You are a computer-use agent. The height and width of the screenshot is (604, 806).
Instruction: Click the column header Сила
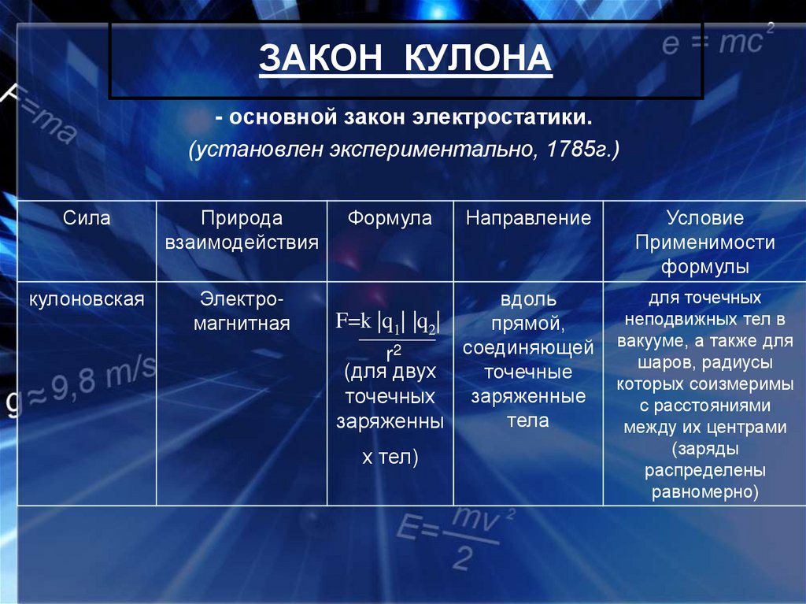[87, 218]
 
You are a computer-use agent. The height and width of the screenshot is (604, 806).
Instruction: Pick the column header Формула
[390, 218]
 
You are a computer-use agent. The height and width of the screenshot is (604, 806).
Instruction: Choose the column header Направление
[528, 218]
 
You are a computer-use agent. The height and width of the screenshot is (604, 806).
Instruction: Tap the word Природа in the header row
[242, 218]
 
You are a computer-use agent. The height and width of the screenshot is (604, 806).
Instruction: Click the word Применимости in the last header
[704, 243]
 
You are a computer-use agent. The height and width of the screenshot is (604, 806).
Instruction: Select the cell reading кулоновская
[87, 299]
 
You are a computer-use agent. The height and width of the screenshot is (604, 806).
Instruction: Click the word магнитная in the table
[242, 323]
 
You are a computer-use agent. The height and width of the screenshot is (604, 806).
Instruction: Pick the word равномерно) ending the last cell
[704, 493]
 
